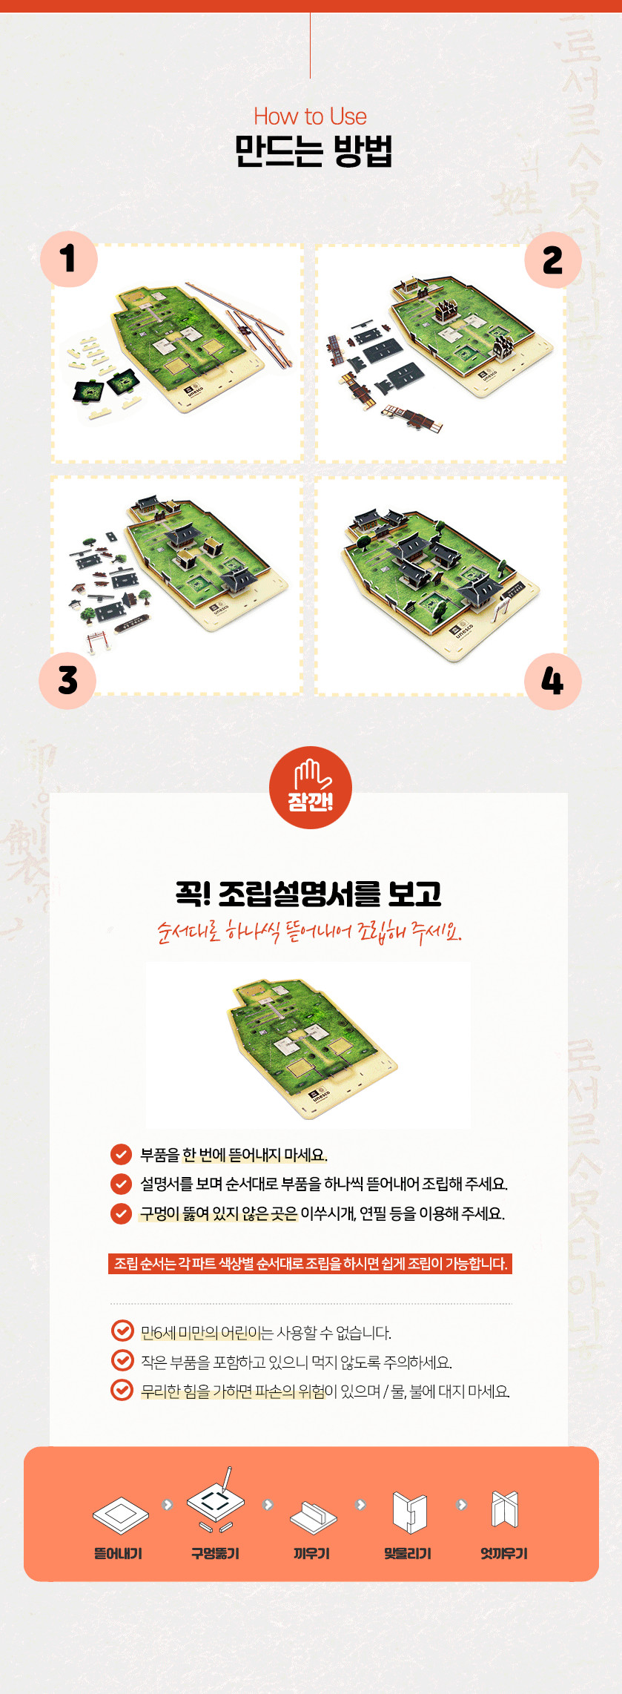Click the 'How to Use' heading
[310, 116]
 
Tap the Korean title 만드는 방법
[313, 151]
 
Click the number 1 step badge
[69, 259]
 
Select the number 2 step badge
[552, 260]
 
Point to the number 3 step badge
[67, 680]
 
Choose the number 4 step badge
[552, 681]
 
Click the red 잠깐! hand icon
[310, 787]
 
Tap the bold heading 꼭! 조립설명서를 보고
[308, 893]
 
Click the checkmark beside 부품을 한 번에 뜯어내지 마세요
[121, 1155]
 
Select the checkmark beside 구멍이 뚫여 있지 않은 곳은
[121, 1213]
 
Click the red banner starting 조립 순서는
[310, 1264]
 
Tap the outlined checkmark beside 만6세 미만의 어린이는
[122, 1331]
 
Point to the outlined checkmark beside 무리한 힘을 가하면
[122, 1389]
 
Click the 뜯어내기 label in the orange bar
[118, 1553]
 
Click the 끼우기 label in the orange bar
[311, 1553]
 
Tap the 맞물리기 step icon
[408, 1512]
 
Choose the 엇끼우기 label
[504, 1553]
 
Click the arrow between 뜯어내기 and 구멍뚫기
[168, 1505]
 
